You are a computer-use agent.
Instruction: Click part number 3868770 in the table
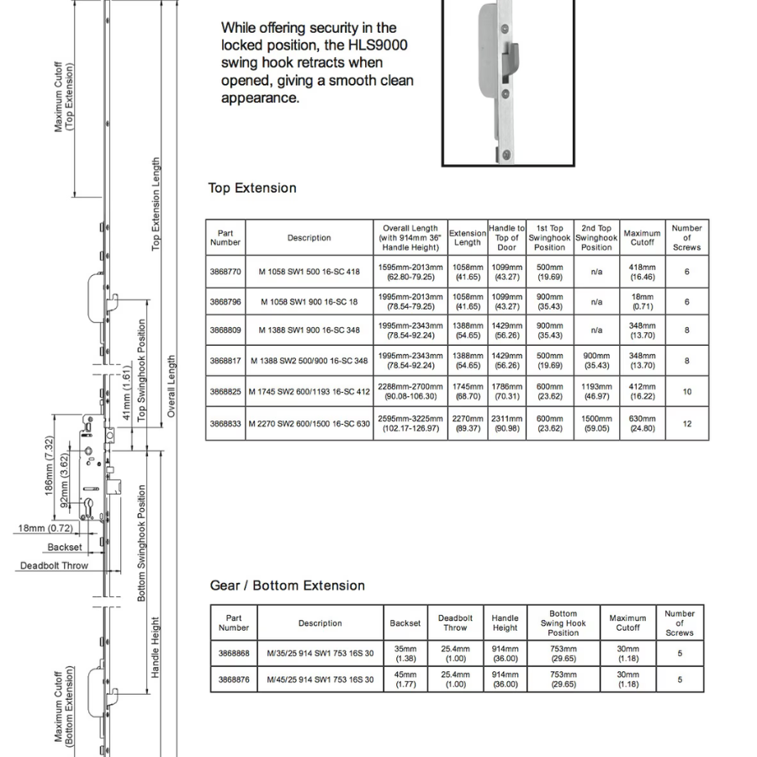tap(225, 272)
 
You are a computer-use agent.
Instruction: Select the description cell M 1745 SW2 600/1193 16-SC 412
tap(309, 391)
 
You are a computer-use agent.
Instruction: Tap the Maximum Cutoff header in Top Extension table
tap(642, 237)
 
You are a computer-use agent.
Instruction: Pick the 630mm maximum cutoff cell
tap(642, 423)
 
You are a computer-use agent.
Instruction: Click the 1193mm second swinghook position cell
tap(596, 391)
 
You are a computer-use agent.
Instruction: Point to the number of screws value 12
tap(687, 424)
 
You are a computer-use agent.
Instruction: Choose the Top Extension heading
tap(252, 188)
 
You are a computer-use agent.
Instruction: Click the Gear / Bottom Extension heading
tap(288, 585)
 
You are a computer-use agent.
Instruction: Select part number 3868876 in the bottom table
tap(234, 680)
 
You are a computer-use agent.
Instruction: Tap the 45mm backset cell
tap(405, 680)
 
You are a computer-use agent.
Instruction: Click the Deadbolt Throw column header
tap(455, 622)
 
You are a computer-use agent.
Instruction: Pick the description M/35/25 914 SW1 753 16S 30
tap(320, 654)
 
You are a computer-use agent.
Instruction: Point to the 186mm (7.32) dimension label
tap(50, 465)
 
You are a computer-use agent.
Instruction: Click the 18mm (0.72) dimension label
tap(45, 528)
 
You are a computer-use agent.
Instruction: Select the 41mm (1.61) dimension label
tap(126, 393)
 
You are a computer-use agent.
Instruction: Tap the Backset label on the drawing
tap(65, 547)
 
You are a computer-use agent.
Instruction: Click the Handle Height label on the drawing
tap(155, 648)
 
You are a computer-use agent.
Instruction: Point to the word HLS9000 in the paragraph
tap(378, 45)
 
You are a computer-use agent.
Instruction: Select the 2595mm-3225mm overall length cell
tap(410, 423)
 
